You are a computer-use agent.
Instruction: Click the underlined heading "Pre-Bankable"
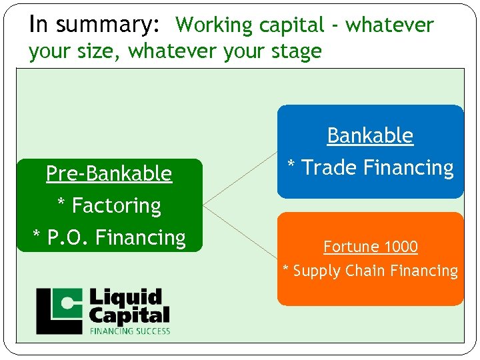(109, 173)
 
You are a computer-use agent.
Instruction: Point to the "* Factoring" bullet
(109, 205)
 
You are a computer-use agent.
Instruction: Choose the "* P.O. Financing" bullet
(109, 237)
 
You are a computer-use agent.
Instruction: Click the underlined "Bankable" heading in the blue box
(370, 135)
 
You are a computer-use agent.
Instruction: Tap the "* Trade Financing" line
(370, 167)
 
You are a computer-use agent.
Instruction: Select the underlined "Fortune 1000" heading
(370, 247)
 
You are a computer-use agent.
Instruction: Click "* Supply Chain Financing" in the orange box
(370, 271)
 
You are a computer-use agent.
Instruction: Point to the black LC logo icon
(60, 310)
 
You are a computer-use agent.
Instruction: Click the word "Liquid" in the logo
(125, 297)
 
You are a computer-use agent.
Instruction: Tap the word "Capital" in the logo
(129, 314)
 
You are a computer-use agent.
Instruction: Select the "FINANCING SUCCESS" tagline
(130, 331)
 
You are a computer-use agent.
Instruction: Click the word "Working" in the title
(211, 25)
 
